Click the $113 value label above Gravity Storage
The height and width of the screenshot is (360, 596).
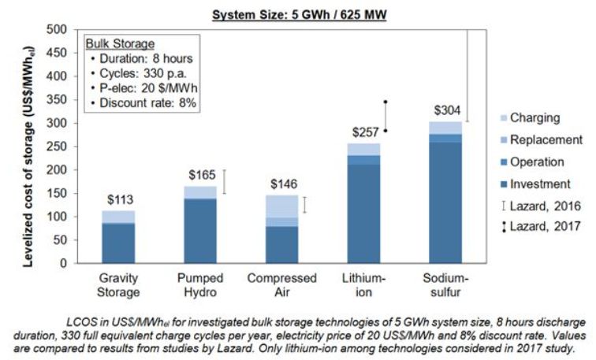coord(119,201)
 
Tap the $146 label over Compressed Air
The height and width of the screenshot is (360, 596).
coord(281,184)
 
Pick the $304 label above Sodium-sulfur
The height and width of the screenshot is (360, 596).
coord(445,111)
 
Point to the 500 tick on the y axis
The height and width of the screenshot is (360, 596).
coord(58,30)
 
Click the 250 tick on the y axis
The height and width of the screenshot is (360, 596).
coord(58,147)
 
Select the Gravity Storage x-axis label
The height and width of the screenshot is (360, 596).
coord(119,284)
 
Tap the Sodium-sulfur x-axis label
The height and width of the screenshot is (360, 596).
coord(445,284)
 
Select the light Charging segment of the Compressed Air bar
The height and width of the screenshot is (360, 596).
coord(281,206)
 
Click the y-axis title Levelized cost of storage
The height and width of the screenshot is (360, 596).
coord(29,147)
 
